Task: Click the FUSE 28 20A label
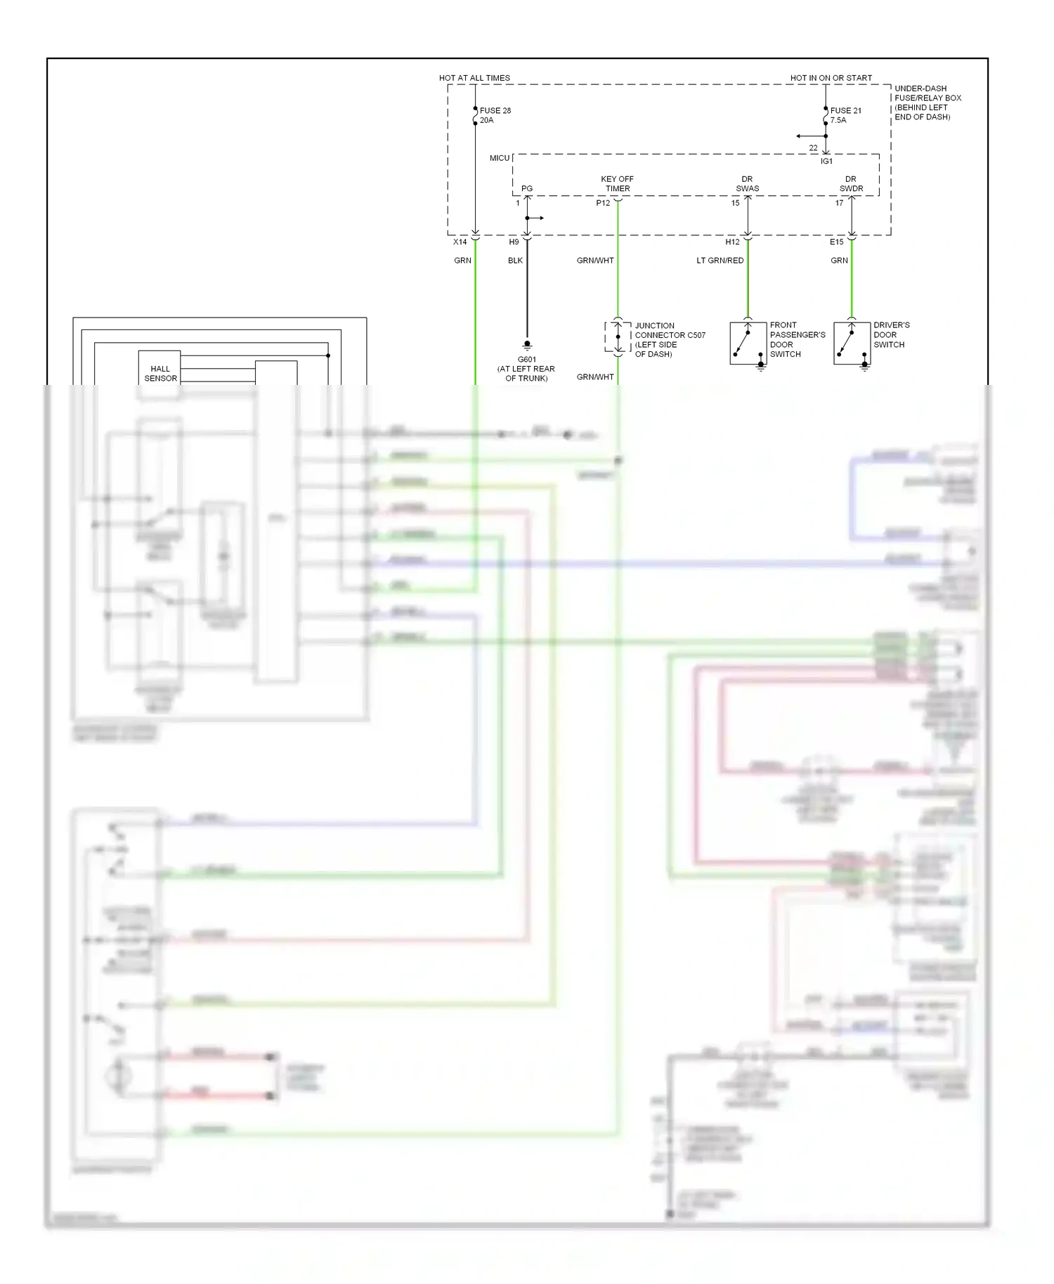click(495, 115)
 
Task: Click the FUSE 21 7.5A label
click(845, 115)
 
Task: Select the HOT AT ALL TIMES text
click(474, 78)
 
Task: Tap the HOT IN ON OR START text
click(831, 78)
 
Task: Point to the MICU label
click(500, 158)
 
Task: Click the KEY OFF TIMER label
click(617, 184)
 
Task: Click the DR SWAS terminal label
click(747, 184)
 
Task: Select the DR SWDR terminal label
click(851, 184)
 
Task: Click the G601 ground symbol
click(527, 345)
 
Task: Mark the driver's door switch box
click(852, 343)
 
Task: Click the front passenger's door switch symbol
click(748, 343)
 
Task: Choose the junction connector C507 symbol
click(617, 337)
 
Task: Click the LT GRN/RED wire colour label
click(720, 261)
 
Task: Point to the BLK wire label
click(515, 261)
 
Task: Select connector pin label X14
click(460, 242)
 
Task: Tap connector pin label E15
click(836, 242)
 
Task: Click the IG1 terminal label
click(826, 162)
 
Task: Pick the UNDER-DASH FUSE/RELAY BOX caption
click(927, 103)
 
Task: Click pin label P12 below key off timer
click(603, 203)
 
